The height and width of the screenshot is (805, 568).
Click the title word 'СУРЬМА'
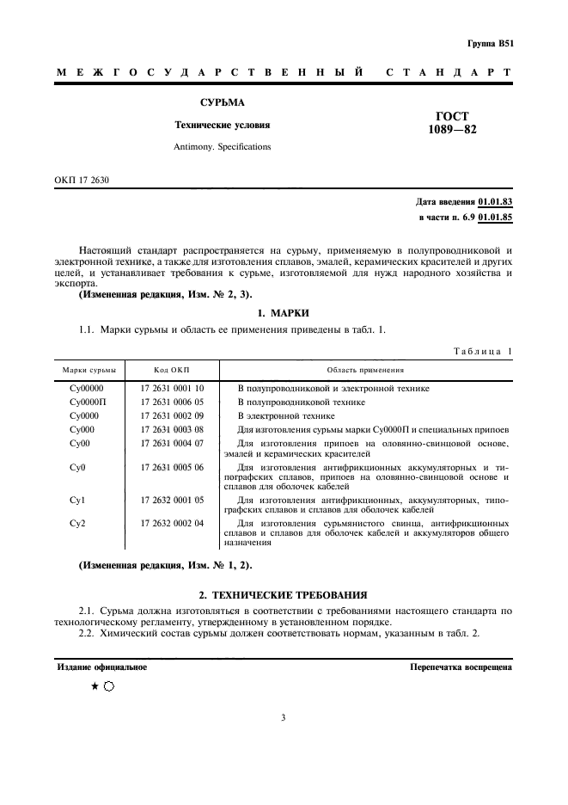[x=223, y=102]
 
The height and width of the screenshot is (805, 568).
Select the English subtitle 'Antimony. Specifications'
[x=223, y=146]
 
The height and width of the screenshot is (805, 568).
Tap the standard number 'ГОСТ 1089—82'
[x=452, y=123]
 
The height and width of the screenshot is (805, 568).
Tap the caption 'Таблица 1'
[x=482, y=351]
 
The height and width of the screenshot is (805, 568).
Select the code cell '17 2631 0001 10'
[x=172, y=389]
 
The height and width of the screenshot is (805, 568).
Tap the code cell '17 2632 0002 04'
[x=172, y=523]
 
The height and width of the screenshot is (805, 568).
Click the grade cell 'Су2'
[x=77, y=523]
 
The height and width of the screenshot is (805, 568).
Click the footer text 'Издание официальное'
[x=101, y=667]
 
